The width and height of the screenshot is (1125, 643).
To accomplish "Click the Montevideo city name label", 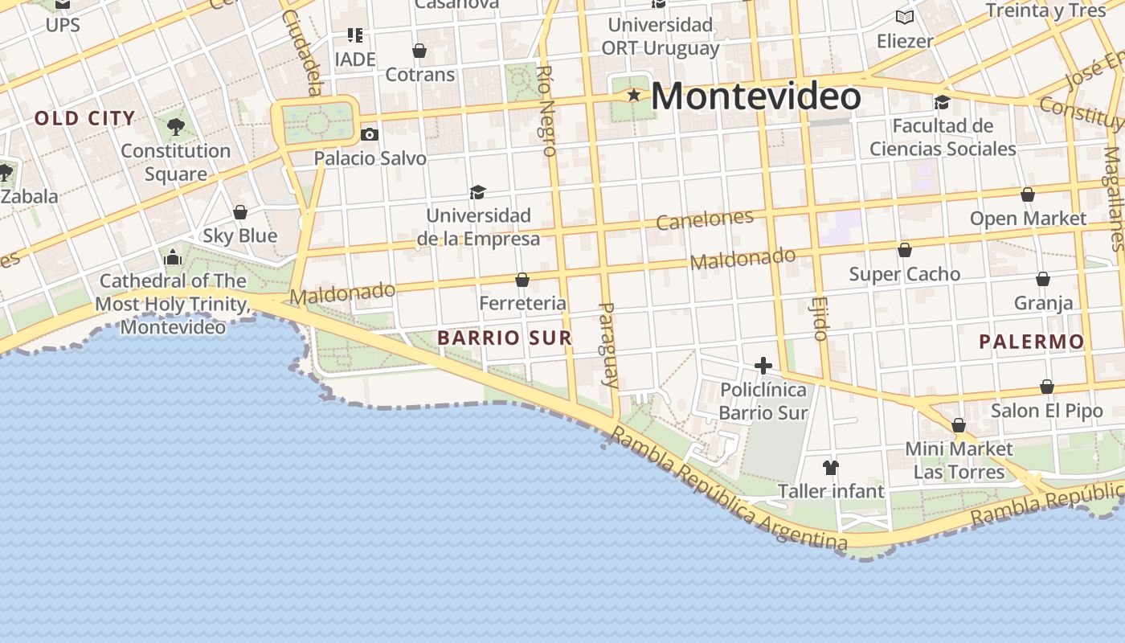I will click(755, 96).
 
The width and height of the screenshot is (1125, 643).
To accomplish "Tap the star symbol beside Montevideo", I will click(634, 96).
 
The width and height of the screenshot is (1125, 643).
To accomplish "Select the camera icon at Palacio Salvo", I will click(369, 134).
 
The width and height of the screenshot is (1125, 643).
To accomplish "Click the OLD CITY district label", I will click(84, 119).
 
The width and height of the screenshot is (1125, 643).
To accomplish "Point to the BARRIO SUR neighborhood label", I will click(505, 338).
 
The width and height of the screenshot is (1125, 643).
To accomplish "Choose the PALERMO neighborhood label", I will click(1031, 342).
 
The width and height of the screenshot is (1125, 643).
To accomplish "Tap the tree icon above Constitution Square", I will click(175, 126).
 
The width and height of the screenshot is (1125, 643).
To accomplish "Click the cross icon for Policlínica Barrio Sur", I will click(763, 367).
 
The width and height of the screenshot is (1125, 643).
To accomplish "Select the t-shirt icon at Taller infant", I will click(830, 467).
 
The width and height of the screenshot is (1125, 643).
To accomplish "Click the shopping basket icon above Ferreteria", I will click(522, 280).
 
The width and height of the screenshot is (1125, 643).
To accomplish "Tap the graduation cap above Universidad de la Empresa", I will click(478, 192).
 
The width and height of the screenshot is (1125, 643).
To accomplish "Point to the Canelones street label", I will click(705, 219).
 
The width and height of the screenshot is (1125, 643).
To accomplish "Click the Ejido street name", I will click(820, 317).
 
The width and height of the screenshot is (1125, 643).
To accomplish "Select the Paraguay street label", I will click(610, 344).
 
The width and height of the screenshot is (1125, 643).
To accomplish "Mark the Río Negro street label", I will click(546, 110).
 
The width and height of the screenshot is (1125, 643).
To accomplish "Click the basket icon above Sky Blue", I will click(239, 212).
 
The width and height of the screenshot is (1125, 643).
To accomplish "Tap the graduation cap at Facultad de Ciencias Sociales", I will click(942, 103).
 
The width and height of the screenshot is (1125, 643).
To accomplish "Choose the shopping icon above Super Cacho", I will click(905, 250).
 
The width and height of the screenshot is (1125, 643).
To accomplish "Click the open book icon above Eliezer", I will click(905, 17).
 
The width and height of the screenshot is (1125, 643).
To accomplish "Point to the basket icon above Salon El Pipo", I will click(1046, 387).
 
